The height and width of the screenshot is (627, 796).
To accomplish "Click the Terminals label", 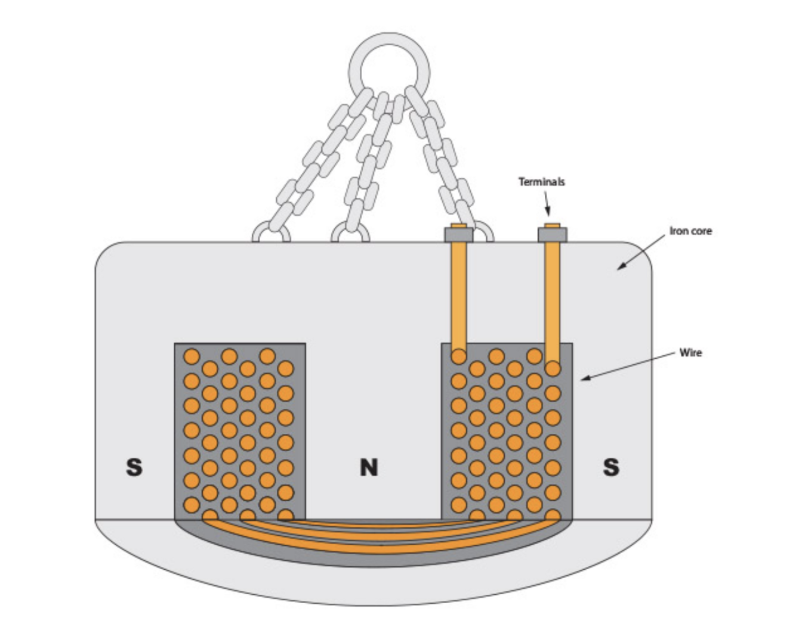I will [541, 182].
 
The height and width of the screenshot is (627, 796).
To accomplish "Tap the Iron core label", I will [690, 231].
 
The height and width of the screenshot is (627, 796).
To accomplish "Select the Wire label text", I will [690, 352].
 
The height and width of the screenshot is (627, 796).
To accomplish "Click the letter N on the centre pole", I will [369, 467].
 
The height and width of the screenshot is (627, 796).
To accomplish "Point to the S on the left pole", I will [134, 467].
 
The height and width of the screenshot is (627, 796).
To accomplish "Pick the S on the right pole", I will [610, 467].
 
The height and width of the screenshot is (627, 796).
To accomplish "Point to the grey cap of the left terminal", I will [458, 234].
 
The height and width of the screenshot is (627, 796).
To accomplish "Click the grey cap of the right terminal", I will [553, 234].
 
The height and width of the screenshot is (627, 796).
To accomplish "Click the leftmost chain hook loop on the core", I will [271, 232].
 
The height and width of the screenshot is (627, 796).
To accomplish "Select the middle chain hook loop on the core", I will [350, 232].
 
